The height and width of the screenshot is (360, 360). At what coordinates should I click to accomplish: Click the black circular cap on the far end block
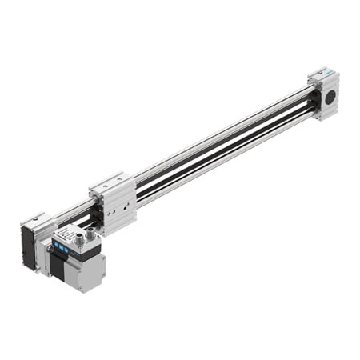coord(330,97)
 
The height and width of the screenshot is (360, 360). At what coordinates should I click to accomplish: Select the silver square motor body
coord(86,273)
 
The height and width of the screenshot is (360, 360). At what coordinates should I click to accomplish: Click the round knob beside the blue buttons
coord(50,250)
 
